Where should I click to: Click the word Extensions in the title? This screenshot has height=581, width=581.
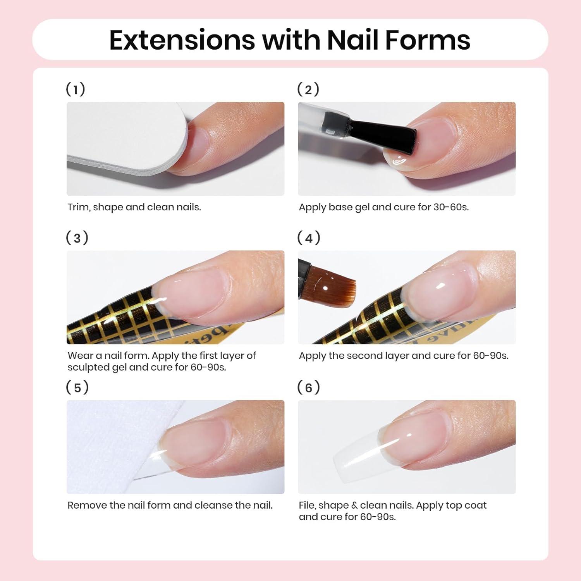click(182, 40)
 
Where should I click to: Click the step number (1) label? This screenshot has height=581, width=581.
click(76, 89)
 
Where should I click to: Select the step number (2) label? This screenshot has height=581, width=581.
click(308, 89)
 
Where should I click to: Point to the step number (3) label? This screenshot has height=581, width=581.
click(77, 238)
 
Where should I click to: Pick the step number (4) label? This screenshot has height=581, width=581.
click(309, 238)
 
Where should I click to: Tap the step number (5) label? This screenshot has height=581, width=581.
click(77, 387)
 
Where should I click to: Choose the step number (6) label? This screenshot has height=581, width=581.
click(309, 387)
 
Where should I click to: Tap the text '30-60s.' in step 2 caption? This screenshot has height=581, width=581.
click(451, 207)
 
